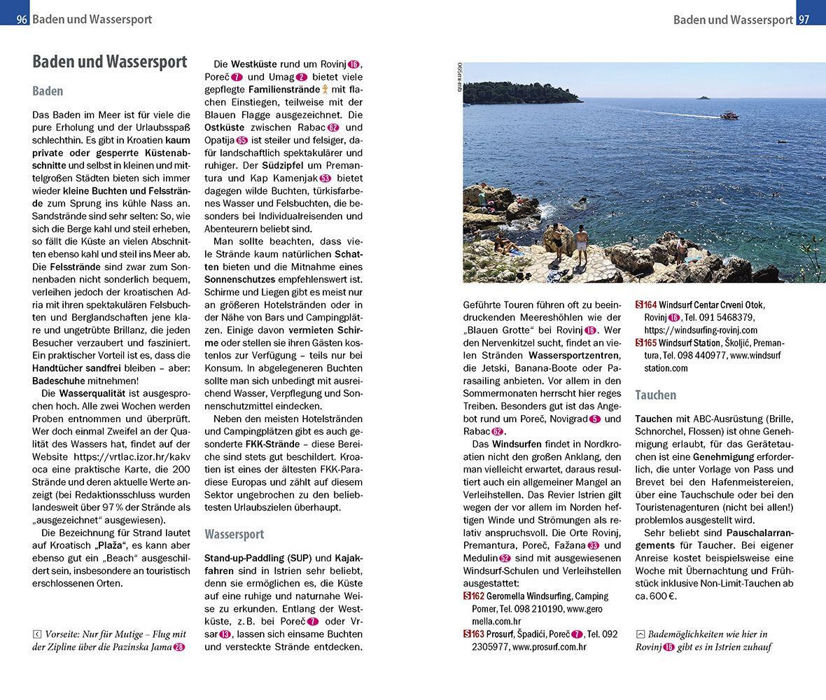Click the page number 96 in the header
point(22,19)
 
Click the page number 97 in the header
point(804,19)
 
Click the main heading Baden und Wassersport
point(109,62)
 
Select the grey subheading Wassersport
point(234,534)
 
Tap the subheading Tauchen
point(655,395)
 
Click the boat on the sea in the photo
point(729,115)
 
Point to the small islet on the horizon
point(701,97)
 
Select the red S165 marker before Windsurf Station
point(645,343)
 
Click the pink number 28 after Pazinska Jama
point(179,647)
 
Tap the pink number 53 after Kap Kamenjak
point(325,178)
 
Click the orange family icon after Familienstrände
point(325,90)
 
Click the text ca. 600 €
point(657,596)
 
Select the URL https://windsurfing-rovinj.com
point(701,330)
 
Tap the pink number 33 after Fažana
point(594,546)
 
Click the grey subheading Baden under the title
point(48,91)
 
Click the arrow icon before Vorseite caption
point(37,634)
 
